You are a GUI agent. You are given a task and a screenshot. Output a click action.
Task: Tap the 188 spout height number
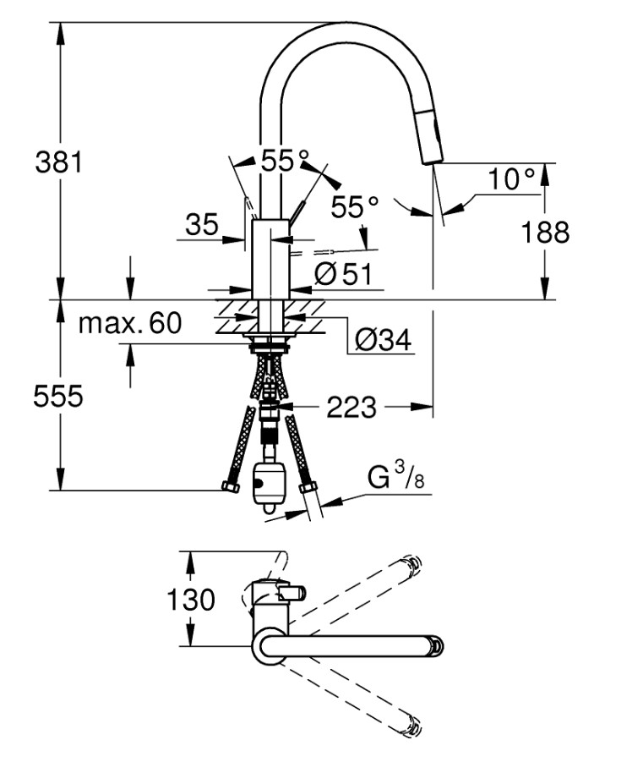click(x=546, y=232)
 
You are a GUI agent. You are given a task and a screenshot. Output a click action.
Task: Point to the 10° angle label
click(x=512, y=178)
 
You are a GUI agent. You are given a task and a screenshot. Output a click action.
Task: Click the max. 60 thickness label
click(x=130, y=322)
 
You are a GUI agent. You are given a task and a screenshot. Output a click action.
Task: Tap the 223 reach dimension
click(x=351, y=408)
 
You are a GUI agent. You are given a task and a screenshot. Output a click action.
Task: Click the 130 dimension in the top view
click(x=191, y=600)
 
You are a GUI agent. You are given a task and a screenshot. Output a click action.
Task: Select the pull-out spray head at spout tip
click(x=430, y=142)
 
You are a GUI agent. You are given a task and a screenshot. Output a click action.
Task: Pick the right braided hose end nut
click(x=308, y=488)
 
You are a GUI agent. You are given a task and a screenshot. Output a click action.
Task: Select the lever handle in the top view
click(x=291, y=595)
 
